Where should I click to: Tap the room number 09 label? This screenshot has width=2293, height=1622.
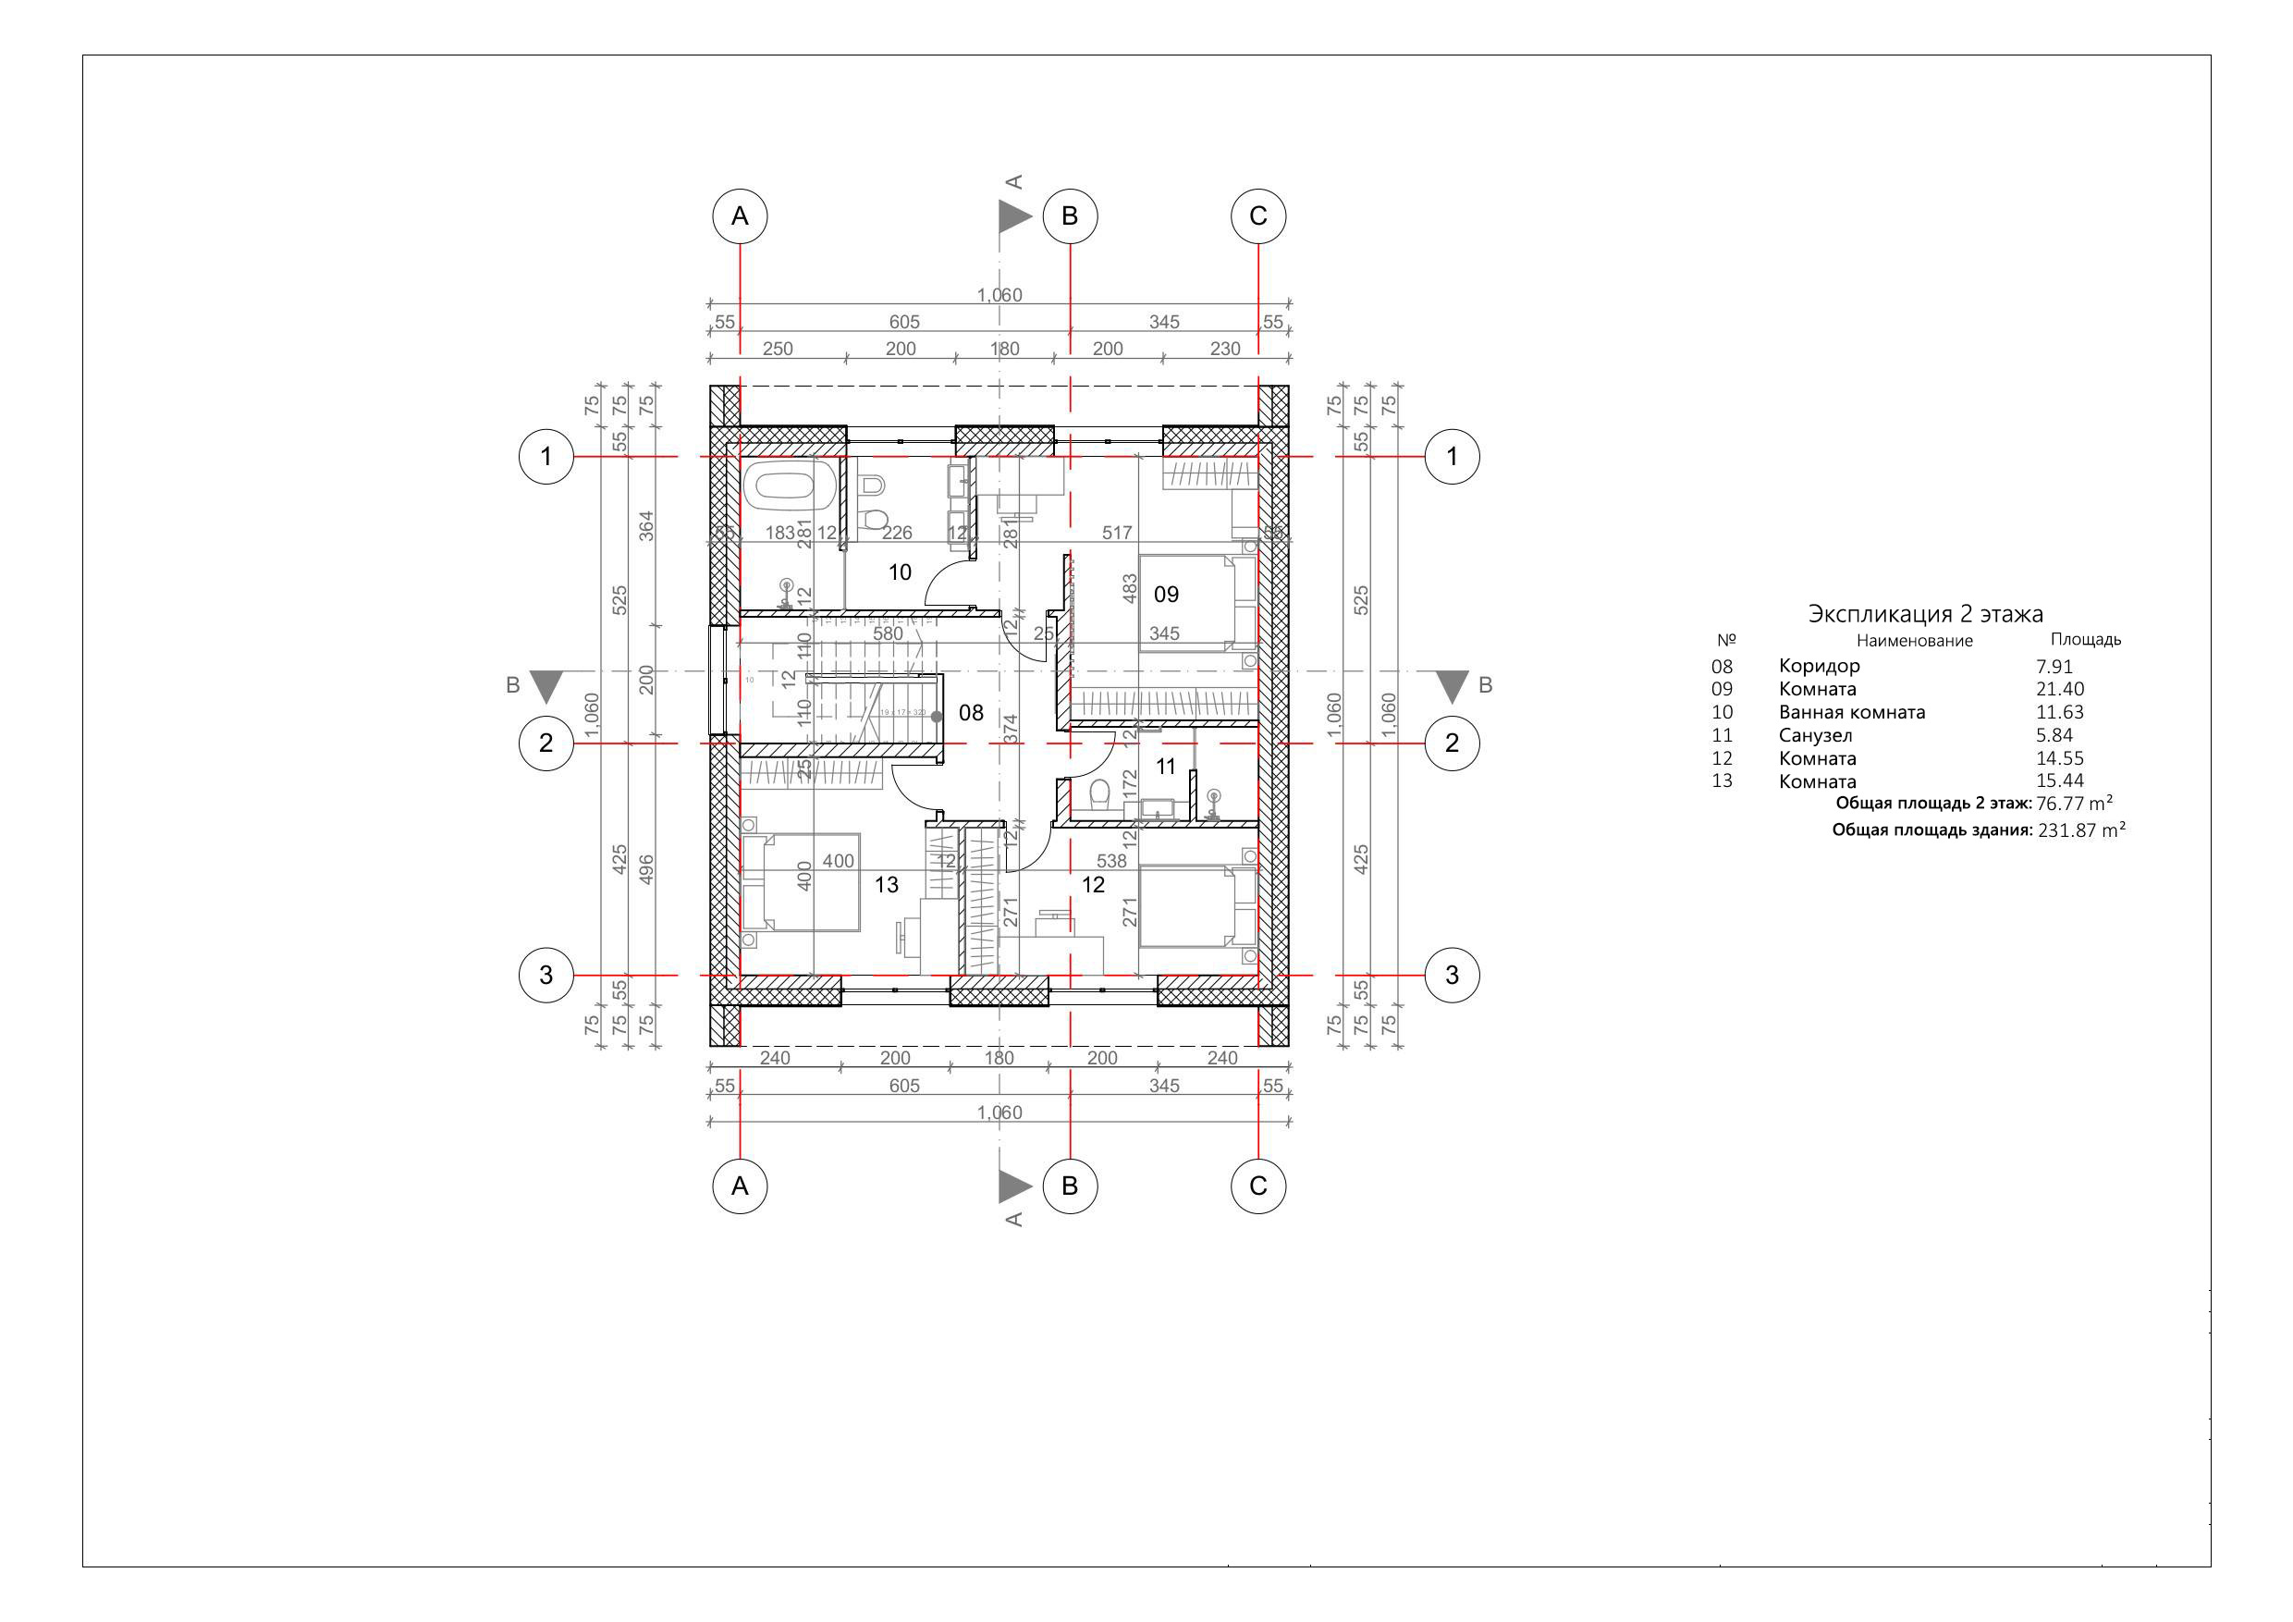(1166, 596)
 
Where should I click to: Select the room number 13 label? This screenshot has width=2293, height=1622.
(886, 885)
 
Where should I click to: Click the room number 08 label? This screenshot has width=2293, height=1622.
(970, 713)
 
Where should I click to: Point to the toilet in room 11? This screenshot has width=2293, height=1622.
(1100, 795)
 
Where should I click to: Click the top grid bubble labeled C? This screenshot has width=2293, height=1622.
(1257, 216)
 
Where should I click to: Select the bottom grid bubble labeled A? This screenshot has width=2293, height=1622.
(739, 1186)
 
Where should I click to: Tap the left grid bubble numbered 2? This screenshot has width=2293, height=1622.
(546, 743)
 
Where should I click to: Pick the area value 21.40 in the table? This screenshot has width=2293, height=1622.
(2059, 689)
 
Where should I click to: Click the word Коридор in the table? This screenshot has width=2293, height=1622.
(1819, 666)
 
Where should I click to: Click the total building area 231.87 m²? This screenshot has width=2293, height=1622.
(2080, 830)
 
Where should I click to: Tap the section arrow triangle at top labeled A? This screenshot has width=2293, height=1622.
(1014, 216)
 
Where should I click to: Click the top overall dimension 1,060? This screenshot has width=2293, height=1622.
(999, 296)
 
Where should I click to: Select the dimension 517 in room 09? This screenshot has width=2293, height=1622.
(1117, 534)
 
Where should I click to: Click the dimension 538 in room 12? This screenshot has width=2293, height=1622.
(1110, 861)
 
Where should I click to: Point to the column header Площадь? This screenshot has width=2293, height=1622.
(2085, 640)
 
